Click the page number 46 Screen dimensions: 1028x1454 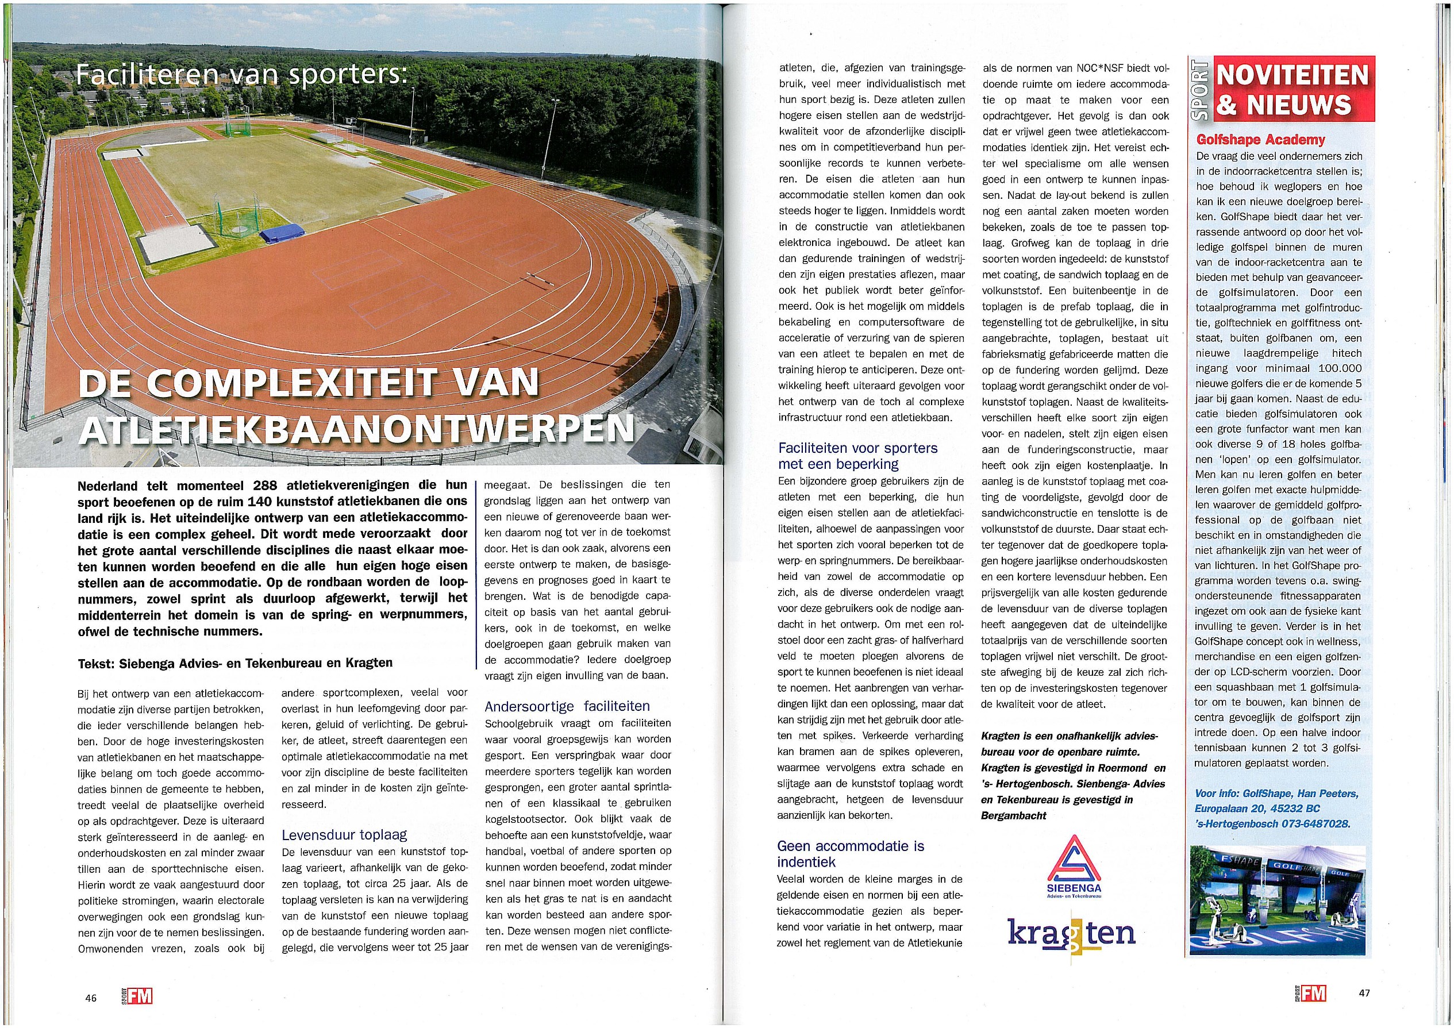click(91, 997)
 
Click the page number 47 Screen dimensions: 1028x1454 click(1364, 993)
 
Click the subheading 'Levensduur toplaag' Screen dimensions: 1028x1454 click(344, 834)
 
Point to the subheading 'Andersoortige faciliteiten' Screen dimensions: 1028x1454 click(567, 706)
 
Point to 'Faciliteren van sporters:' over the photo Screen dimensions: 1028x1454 click(241, 75)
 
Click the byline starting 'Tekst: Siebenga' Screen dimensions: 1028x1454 click(235, 663)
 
